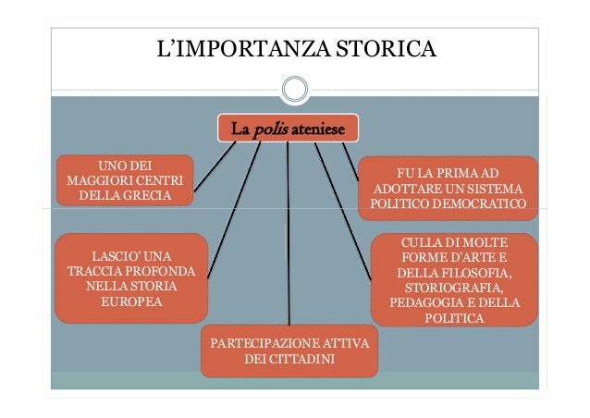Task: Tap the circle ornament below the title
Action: click(295, 90)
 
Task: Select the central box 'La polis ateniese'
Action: click(287, 128)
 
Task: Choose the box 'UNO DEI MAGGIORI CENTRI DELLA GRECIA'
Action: click(125, 179)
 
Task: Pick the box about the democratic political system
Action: click(448, 188)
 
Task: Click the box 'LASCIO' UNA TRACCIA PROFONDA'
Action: click(130, 278)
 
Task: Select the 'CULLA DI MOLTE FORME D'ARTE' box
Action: click(454, 279)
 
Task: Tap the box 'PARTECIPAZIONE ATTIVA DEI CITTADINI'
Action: click(289, 350)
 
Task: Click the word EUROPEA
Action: click(131, 302)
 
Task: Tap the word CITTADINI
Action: click(289, 359)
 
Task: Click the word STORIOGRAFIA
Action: click(454, 288)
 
